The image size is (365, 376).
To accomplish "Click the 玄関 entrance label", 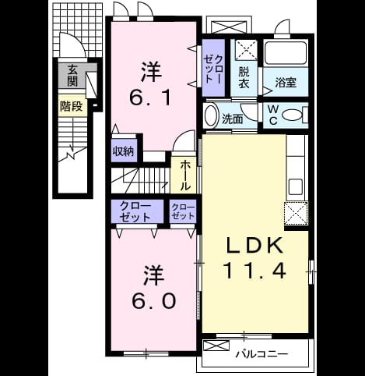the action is click(72, 76).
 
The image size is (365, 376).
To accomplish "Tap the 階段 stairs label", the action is click(72, 106).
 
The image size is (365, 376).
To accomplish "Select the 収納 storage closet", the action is click(124, 151).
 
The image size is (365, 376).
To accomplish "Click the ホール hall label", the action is click(185, 176).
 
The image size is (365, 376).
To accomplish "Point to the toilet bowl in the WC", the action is click(292, 115).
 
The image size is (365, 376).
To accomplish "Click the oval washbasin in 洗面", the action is click(212, 115).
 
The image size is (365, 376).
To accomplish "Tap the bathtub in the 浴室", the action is click(286, 53).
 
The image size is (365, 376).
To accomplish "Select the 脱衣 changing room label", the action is click(244, 77).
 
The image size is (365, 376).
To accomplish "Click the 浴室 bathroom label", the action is click(286, 83).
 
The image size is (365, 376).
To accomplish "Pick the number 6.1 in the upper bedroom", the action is click(150, 98).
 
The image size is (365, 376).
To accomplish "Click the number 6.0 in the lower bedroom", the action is click(154, 301).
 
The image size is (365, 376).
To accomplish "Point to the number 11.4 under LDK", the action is click(254, 271).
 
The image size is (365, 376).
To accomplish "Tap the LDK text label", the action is click(255, 246).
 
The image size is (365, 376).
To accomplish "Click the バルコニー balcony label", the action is click(261, 354).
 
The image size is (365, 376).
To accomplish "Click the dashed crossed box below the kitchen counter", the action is click(296, 213).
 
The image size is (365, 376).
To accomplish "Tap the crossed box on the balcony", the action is click(216, 346).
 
